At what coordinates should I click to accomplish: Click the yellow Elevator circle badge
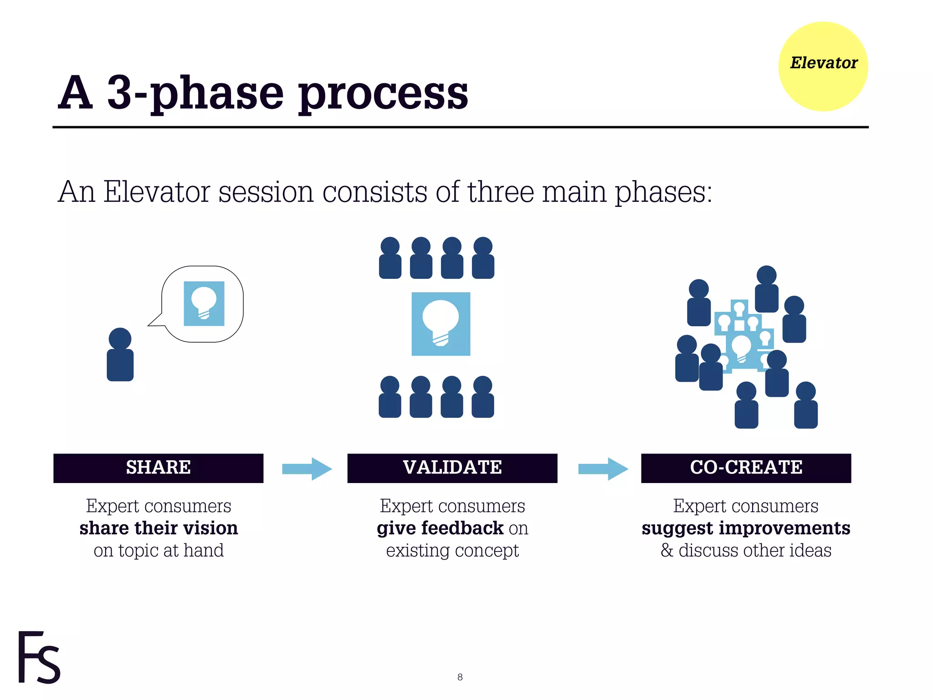click(x=823, y=67)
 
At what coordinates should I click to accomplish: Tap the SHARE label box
click(x=158, y=468)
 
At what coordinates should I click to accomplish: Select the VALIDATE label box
click(x=452, y=468)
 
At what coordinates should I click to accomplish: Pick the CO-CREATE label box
click(x=746, y=468)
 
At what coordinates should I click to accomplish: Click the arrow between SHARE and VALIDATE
click(x=307, y=468)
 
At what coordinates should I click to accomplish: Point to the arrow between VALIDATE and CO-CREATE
click(x=603, y=468)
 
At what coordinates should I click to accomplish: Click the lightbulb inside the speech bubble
click(x=204, y=303)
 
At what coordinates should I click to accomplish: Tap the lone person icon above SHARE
click(x=120, y=355)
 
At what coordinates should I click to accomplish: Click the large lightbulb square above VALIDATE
click(x=441, y=324)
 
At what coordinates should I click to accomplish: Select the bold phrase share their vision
click(x=159, y=528)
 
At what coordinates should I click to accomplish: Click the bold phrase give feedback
click(x=440, y=528)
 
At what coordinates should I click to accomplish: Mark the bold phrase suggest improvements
click(x=746, y=528)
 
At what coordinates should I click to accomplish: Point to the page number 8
click(x=460, y=677)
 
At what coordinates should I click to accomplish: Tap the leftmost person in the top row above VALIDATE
click(x=390, y=258)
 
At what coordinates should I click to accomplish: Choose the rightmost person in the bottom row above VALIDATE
click(x=483, y=397)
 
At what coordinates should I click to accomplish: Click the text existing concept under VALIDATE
click(x=452, y=551)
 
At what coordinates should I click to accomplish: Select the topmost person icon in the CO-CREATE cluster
click(x=766, y=289)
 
